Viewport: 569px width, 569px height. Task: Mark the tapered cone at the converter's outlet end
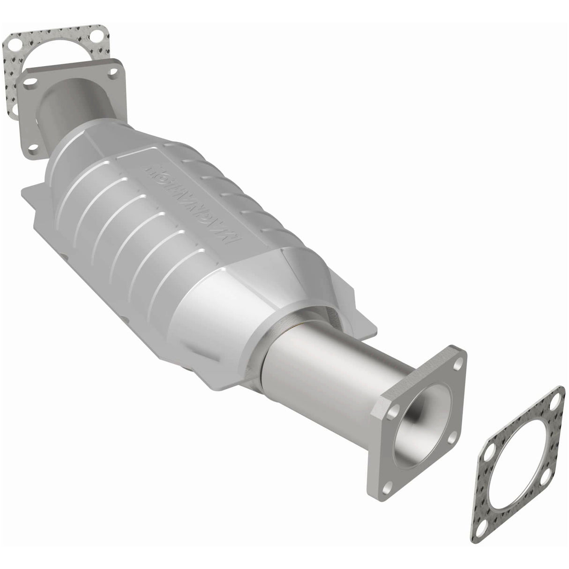262,300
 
